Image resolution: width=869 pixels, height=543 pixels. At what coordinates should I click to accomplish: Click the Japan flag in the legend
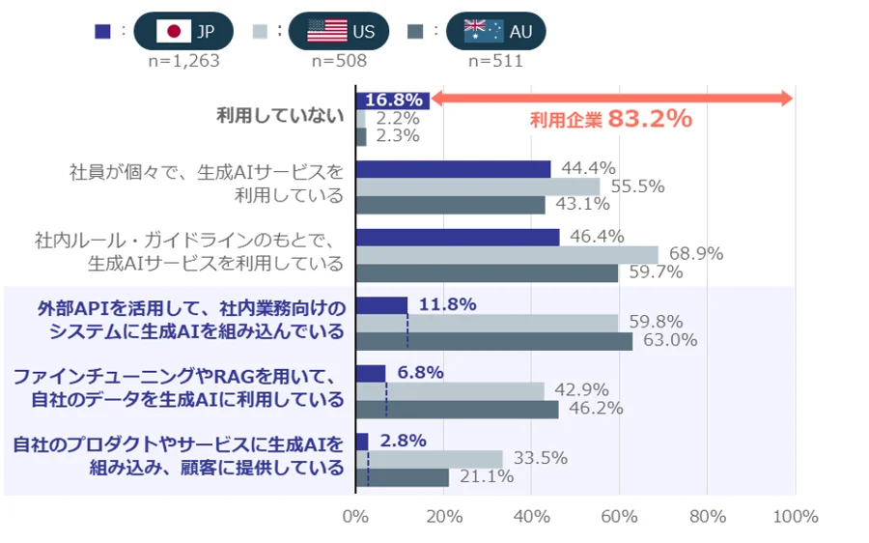point(174,31)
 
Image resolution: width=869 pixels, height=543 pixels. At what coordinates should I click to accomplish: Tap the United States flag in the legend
point(327,31)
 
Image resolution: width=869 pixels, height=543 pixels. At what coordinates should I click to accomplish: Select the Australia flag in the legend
point(483,31)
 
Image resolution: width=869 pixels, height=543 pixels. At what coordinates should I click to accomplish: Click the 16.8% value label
point(394,100)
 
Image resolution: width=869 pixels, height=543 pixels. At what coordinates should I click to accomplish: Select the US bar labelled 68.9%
point(507,254)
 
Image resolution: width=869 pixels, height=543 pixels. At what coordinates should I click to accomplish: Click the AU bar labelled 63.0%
point(493,340)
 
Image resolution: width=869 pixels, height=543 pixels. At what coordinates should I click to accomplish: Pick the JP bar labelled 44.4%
point(453,169)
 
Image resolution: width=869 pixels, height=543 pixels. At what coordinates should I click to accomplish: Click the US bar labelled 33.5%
point(430,458)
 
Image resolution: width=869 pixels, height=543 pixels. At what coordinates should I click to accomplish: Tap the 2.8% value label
point(403,441)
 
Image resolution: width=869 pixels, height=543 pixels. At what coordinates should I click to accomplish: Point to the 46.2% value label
point(599,409)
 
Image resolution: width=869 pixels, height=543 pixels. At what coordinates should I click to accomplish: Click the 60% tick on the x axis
point(619,517)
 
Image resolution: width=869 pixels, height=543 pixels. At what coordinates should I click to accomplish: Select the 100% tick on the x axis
point(795,517)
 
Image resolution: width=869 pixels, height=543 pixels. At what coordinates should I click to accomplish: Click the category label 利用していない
point(280,117)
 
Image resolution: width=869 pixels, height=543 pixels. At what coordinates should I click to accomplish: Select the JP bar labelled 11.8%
point(381,305)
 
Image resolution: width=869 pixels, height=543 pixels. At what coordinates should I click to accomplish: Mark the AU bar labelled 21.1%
point(402,477)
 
